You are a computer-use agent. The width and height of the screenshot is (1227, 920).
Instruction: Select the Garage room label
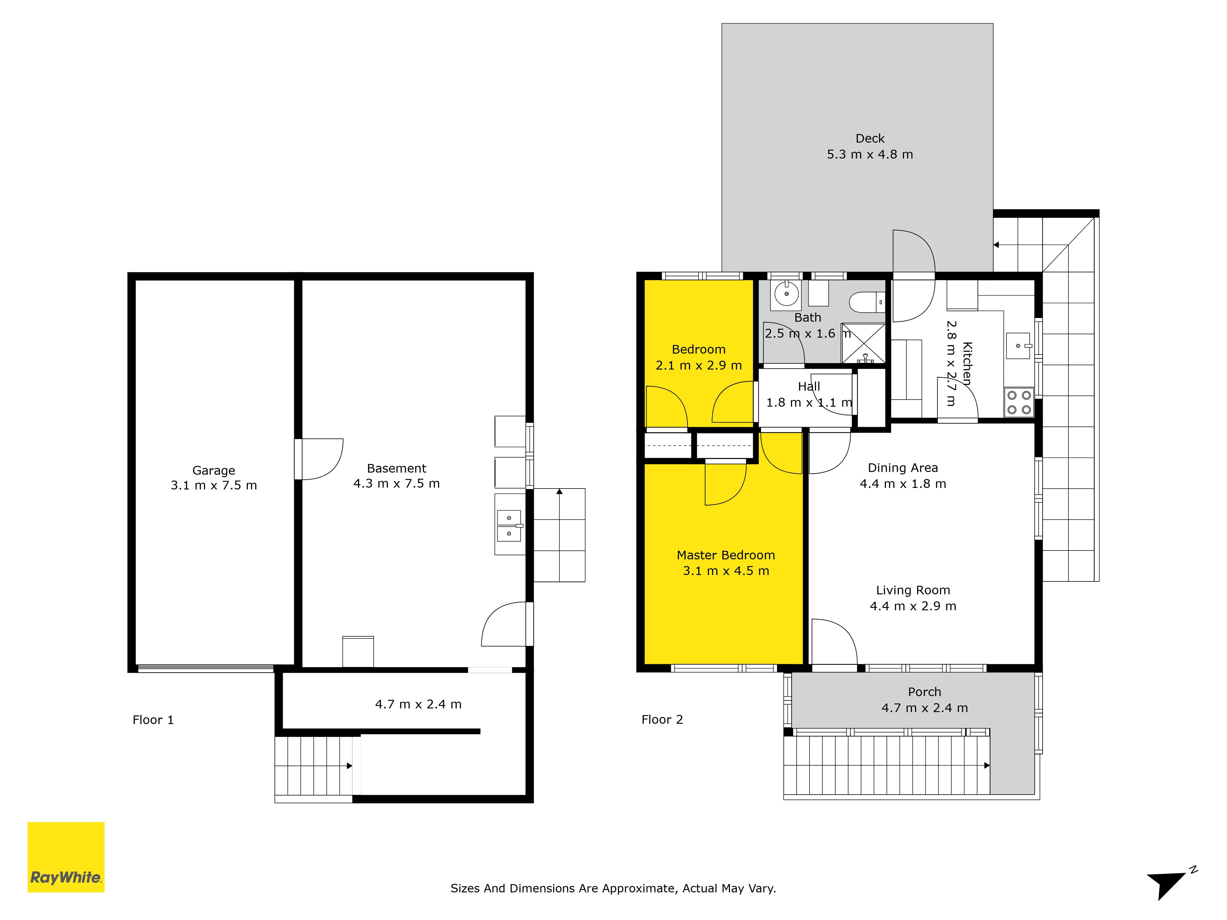[213, 470]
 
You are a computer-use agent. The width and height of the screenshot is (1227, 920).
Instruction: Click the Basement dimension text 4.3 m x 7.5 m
[397, 484]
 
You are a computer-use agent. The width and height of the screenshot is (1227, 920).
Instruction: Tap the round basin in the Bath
[787, 294]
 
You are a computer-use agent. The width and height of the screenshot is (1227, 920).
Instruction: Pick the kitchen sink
[1018, 346]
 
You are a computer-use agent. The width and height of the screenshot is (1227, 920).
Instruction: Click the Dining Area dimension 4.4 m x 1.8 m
[903, 484]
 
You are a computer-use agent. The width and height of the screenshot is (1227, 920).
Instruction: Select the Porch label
[925, 692]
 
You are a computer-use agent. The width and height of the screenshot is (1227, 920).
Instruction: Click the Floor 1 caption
[153, 720]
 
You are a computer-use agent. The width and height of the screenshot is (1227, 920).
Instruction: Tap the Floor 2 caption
[662, 719]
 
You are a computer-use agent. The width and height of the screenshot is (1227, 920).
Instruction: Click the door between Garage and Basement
[319, 459]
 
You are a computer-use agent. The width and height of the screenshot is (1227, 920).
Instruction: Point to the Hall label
[809, 386]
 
